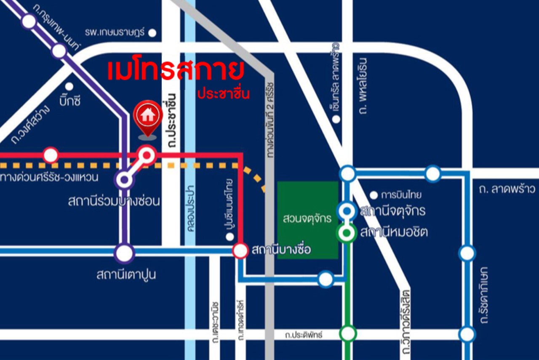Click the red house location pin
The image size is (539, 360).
pos(147,116)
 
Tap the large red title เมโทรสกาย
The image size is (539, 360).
pos(176,71)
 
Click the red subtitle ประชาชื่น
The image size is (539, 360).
pos(224,93)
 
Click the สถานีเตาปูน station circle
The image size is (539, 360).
pos(124,253)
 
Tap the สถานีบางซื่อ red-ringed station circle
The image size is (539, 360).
pos(240,251)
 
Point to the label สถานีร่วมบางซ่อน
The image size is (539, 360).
pos(114,201)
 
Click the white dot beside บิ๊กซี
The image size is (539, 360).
pos(69,86)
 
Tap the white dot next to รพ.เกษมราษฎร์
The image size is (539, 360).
pos(152,32)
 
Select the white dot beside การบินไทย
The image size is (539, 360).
pos(373,195)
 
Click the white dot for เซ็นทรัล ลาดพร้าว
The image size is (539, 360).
pos(336,119)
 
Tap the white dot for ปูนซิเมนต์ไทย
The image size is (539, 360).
pos(229,237)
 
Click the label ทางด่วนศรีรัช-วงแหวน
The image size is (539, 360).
pos(49,177)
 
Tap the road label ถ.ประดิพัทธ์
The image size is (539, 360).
pos(303,335)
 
